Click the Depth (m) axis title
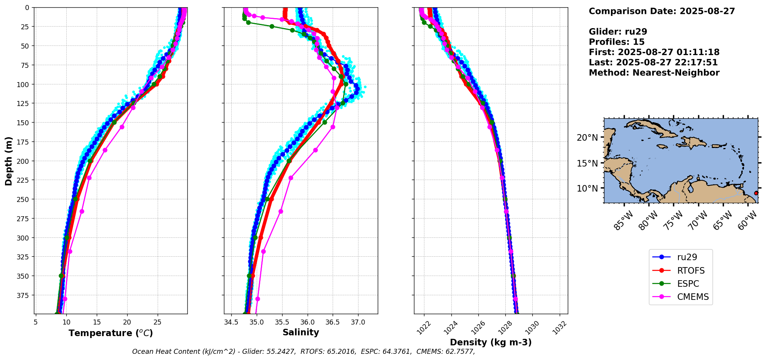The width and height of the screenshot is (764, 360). [x=8, y=161]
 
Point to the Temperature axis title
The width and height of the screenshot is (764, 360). [x=111, y=333]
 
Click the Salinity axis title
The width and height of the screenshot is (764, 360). [x=301, y=332]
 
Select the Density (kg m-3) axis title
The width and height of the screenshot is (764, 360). [x=491, y=342]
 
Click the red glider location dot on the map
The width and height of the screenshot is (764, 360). [x=756, y=193]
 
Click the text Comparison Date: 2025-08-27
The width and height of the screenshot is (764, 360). [x=661, y=11]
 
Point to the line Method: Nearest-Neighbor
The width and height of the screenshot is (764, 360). [x=654, y=73]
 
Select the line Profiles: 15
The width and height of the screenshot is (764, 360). [x=616, y=42]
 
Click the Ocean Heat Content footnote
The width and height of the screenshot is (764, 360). [x=303, y=352]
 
